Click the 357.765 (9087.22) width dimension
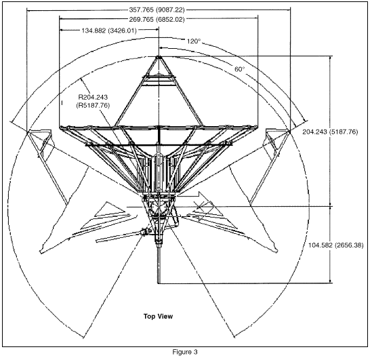tap(157, 10)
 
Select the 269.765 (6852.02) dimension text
tap(157, 20)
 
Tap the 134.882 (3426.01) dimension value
tap(109, 31)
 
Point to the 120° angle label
tap(194, 41)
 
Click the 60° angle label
tap(240, 69)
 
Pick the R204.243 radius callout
tap(93, 97)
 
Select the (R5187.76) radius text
tap(93, 105)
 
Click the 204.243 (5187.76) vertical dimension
tap(330, 132)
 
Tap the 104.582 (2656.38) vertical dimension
tap(336, 245)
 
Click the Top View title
tap(158, 317)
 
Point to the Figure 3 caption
tap(185, 352)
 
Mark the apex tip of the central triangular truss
tap(159, 57)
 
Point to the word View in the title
tap(165, 317)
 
